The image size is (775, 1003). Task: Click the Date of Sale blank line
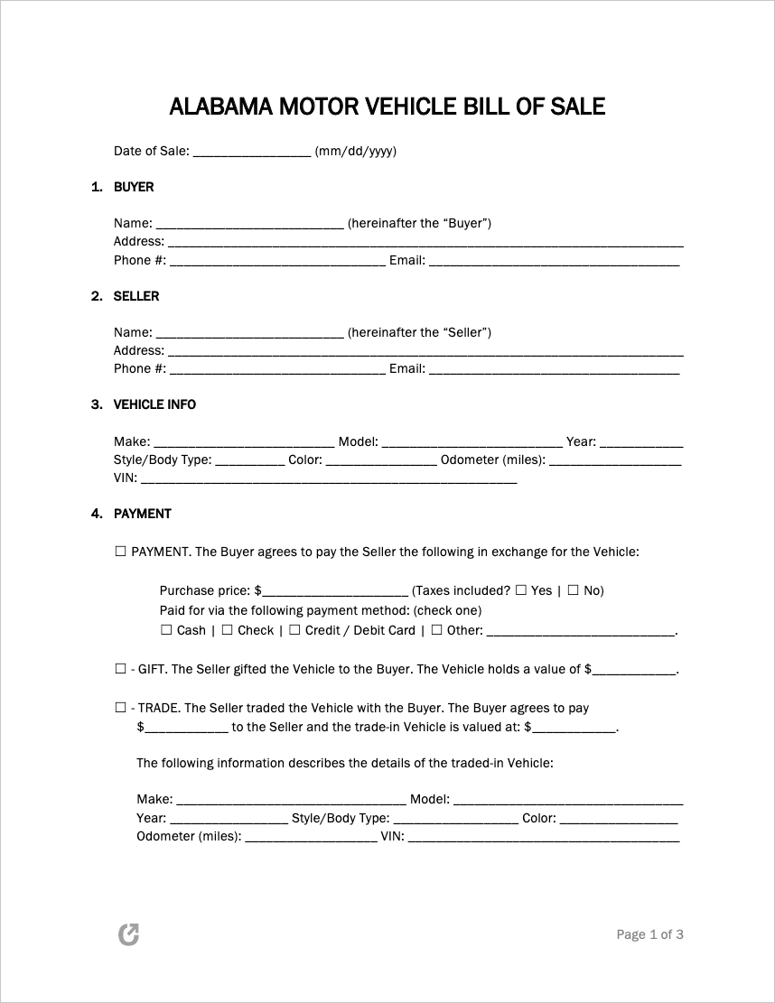click(252, 152)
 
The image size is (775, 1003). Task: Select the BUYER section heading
click(134, 187)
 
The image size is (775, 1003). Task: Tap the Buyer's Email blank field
click(554, 261)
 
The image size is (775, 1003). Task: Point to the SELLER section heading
click(136, 296)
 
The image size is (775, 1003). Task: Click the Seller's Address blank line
click(425, 351)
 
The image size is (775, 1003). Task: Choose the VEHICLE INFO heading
click(154, 404)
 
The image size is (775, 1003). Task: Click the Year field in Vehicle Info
click(641, 442)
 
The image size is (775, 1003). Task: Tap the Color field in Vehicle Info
click(380, 460)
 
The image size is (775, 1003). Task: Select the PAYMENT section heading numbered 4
click(142, 514)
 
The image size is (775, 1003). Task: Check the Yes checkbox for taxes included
click(521, 590)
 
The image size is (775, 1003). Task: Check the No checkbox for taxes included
click(573, 590)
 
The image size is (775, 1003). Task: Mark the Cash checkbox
click(166, 630)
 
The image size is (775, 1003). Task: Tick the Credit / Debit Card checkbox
click(294, 630)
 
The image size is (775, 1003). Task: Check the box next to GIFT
click(121, 669)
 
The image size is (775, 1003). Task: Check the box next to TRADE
click(121, 708)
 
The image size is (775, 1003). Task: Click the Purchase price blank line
click(334, 591)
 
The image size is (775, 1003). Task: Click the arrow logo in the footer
click(129, 934)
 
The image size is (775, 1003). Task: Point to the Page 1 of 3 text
click(649, 934)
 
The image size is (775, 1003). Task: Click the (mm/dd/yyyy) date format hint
click(356, 151)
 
